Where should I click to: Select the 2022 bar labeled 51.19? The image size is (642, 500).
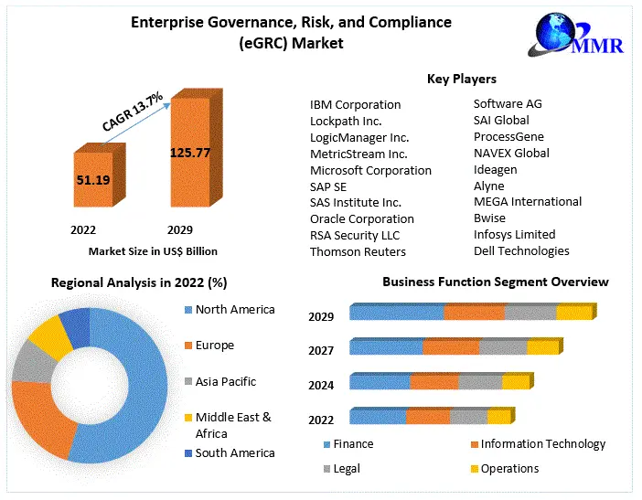[x=93, y=182]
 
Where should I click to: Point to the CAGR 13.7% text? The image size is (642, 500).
[x=134, y=112]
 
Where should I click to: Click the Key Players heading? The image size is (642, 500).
[x=461, y=80]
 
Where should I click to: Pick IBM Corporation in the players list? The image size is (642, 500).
[x=355, y=104]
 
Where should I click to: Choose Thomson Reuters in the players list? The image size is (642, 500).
[x=358, y=251]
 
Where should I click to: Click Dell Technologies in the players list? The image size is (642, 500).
[x=520, y=250]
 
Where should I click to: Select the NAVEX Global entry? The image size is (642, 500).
[x=511, y=153]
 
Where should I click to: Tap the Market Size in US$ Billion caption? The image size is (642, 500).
[x=153, y=250]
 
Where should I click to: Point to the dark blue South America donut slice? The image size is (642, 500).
[x=76, y=326]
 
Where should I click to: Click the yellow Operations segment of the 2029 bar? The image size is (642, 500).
[x=573, y=314]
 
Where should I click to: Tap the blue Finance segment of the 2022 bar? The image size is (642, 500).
[x=378, y=418]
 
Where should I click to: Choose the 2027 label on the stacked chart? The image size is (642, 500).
[x=321, y=351]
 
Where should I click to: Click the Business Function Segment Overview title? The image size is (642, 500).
[x=495, y=282]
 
